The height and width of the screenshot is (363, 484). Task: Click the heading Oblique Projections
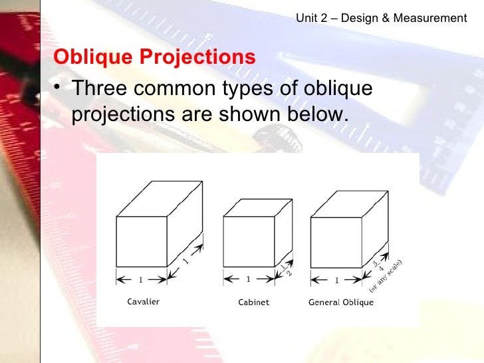[154, 57]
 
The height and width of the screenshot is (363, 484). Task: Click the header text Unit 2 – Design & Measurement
[381, 19]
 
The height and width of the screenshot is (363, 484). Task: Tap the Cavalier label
[143, 302]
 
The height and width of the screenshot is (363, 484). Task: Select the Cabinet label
[253, 302]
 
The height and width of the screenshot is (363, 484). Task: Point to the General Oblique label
[340, 302]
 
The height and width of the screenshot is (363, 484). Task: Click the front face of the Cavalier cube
[142, 242]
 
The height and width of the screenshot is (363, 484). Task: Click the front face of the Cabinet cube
[249, 242]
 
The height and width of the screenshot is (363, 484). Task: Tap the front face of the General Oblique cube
[336, 242]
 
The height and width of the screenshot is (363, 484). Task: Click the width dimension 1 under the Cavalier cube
[141, 279]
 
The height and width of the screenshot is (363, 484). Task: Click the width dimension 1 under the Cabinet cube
[249, 279]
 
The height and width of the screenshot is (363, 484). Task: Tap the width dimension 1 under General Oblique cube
[336, 279]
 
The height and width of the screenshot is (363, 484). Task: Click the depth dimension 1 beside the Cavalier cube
[185, 261]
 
